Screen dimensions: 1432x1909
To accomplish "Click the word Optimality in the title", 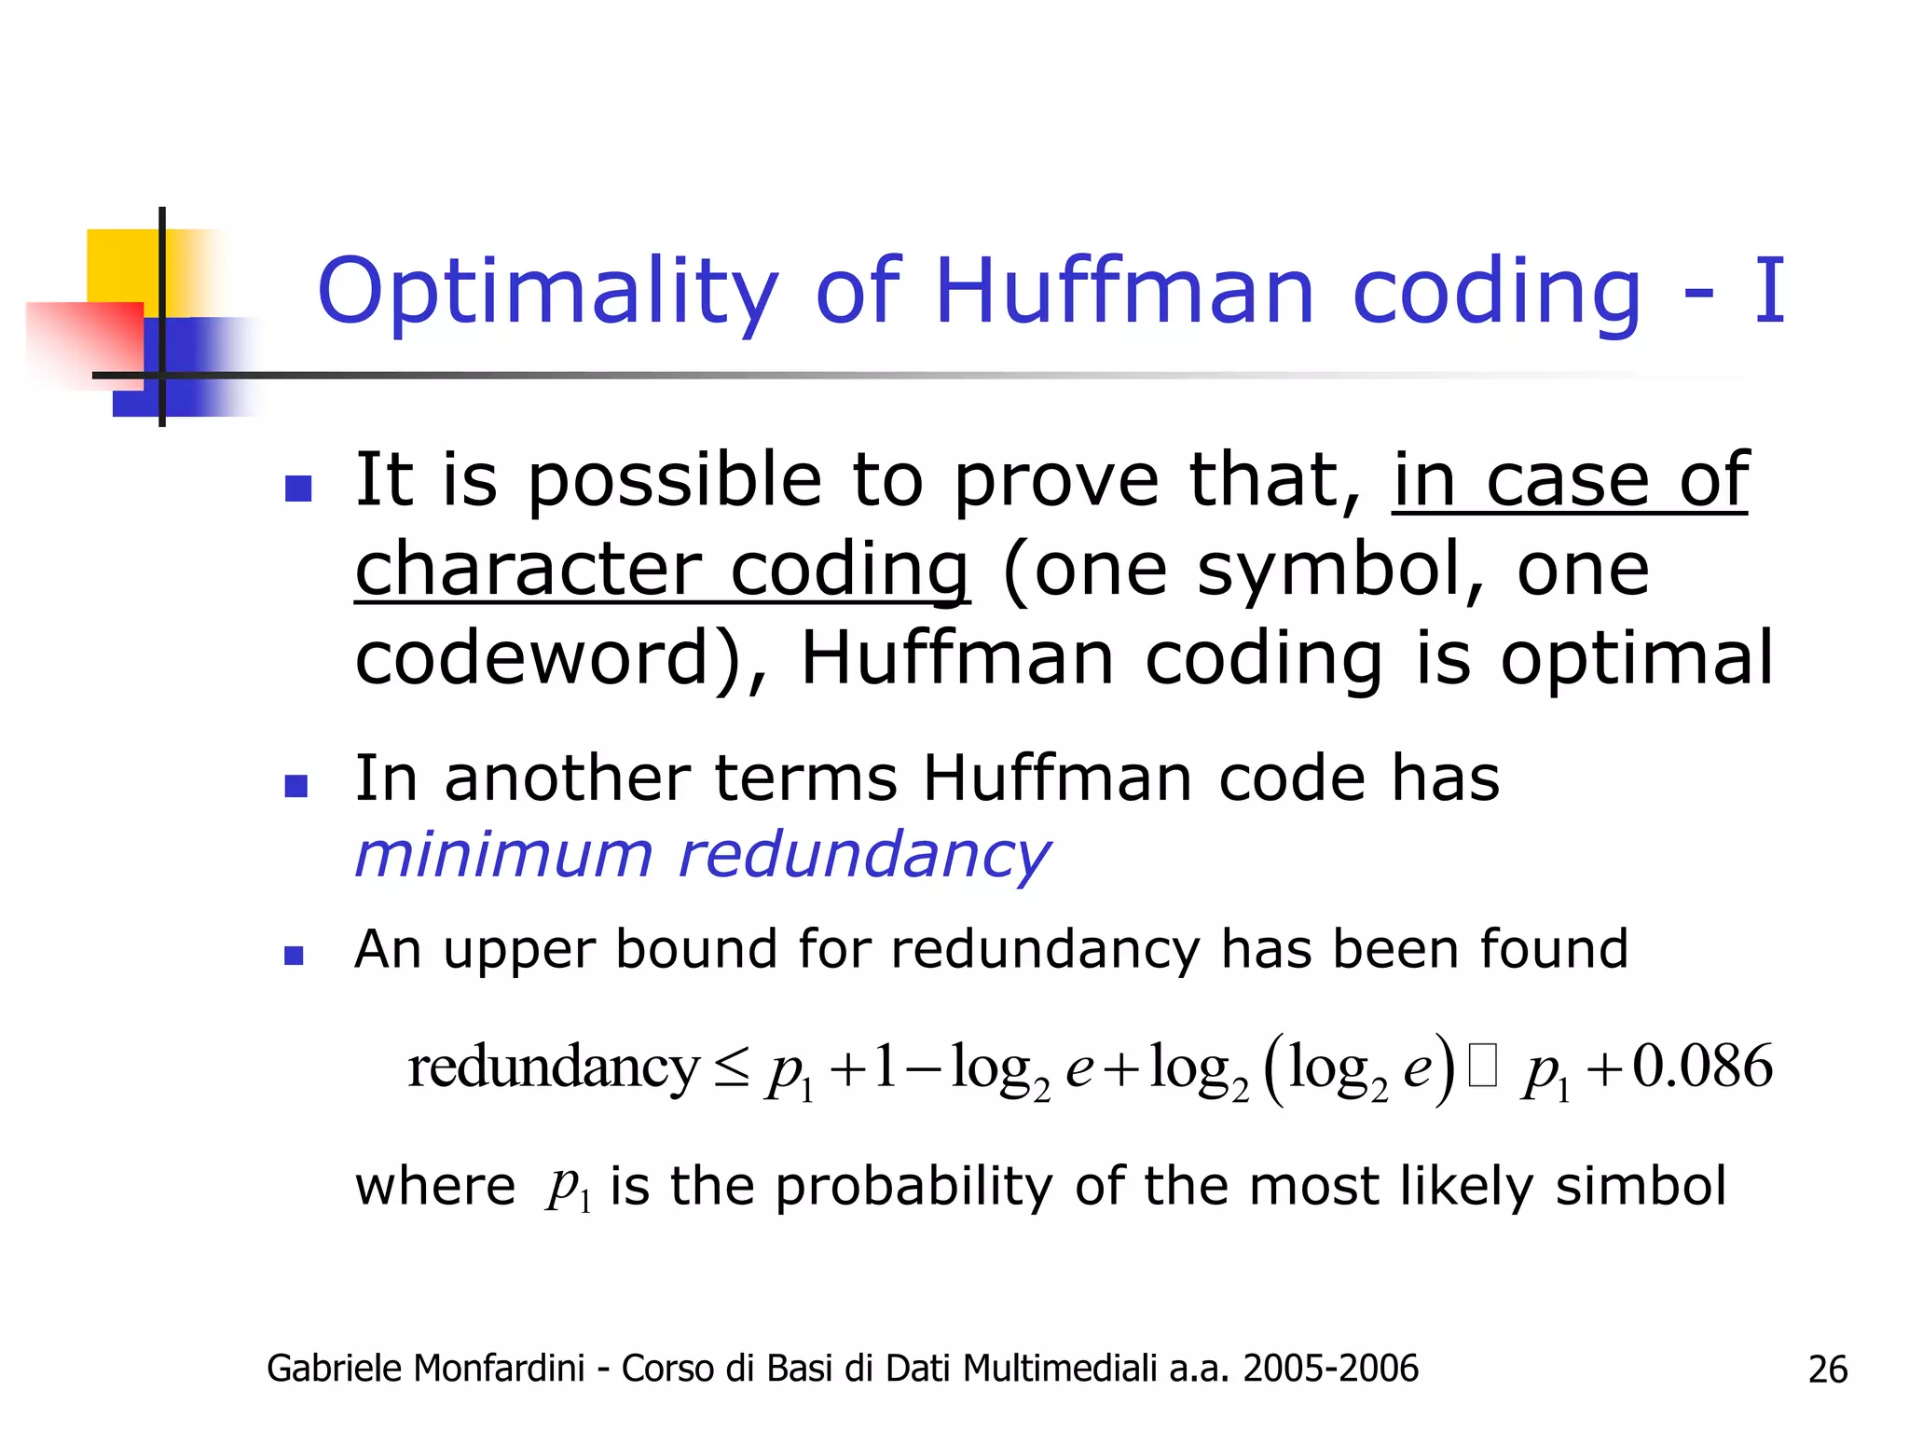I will (x=548, y=292).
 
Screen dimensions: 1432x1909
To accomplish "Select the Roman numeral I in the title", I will (x=1768, y=292).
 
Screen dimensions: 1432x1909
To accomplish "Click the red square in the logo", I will (x=84, y=339).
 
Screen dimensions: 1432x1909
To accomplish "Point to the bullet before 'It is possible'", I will (x=297, y=488).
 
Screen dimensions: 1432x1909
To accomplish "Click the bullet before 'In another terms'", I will (x=296, y=785).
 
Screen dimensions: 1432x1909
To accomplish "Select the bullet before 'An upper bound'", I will (x=295, y=955).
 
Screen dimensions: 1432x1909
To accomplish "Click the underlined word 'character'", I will (x=529, y=571).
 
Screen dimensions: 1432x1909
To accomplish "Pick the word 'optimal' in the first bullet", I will (x=1636, y=658).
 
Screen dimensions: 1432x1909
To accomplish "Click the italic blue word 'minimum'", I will (x=504, y=855).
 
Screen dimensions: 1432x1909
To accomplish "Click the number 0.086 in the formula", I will (x=1702, y=1067).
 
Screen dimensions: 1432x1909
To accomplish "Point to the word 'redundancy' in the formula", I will (x=553, y=1068).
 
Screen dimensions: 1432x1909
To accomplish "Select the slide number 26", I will (x=1827, y=1370).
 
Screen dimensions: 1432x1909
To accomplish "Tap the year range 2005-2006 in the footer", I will (x=1330, y=1369).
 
